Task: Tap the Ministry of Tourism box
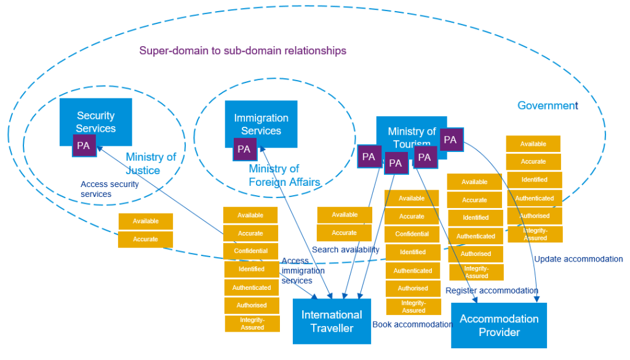(x=411, y=131)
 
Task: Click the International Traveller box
(x=332, y=321)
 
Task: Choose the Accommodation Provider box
(x=498, y=326)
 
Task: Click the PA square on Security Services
(x=84, y=146)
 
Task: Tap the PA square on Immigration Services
(x=244, y=149)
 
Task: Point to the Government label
(x=548, y=105)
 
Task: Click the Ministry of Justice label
(x=151, y=164)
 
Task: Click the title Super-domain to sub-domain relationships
(x=242, y=50)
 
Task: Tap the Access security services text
(x=110, y=189)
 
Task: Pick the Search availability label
(x=345, y=249)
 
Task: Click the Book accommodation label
(x=412, y=324)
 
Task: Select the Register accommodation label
(x=492, y=290)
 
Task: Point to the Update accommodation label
(x=578, y=259)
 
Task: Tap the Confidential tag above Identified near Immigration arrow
(x=250, y=251)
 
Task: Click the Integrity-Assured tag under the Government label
(x=535, y=234)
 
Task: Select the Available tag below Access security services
(x=146, y=221)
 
